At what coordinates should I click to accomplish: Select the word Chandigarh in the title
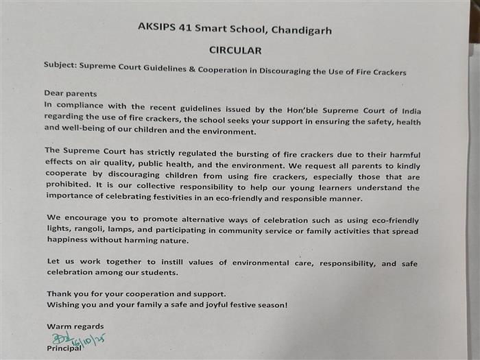click(298, 29)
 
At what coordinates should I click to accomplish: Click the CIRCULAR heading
click(235, 51)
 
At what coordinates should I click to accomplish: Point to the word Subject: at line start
click(60, 71)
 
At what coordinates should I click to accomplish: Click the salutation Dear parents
click(71, 94)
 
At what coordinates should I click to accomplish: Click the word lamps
click(125, 232)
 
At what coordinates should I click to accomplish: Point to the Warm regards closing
click(75, 326)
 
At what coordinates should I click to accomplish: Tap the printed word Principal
click(64, 348)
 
